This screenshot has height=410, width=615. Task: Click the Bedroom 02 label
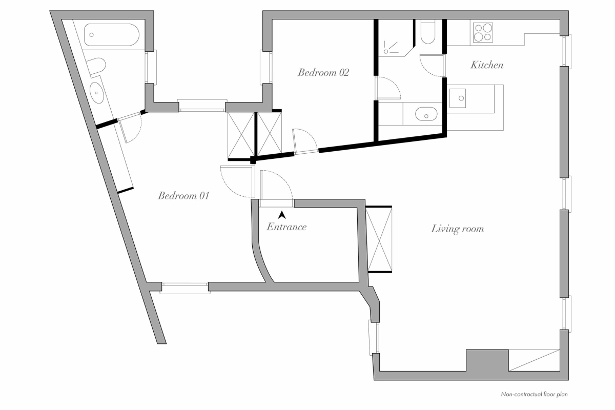(x=323, y=72)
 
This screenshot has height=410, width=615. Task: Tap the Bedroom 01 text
(x=183, y=195)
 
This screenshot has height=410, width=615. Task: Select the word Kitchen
(x=487, y=65)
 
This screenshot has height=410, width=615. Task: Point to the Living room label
(x=457, y=229)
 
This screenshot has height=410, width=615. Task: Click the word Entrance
(x=286, y=227)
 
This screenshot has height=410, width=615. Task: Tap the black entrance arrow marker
(x=281, y=215)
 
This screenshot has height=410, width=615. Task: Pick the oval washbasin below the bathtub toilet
(x=96, y=92)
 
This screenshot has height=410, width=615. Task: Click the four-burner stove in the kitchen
(x=483, y=32)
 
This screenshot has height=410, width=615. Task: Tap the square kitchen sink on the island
(x=458, y=98)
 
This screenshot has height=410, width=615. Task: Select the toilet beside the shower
(x=427, y=32)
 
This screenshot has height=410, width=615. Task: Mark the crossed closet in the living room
(x=380, y=239)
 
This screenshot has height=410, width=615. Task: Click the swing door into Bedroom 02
(x=305, y=142)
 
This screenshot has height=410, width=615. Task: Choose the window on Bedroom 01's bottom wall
(x=184, y=288)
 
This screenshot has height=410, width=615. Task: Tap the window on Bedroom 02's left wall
(x=265, y=67)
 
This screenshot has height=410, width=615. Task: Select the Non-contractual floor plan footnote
(x=534, y=395)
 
